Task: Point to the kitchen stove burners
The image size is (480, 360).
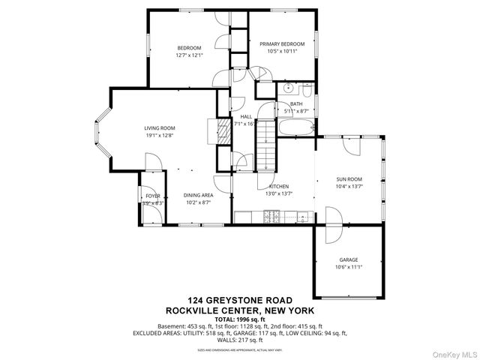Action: pyautogui.click(x=273, y=217)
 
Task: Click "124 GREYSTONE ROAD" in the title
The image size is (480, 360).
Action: pyautogui.click(x=240, y=301)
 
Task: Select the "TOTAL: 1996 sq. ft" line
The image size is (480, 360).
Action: pyautogui.click(x=240, y=319)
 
